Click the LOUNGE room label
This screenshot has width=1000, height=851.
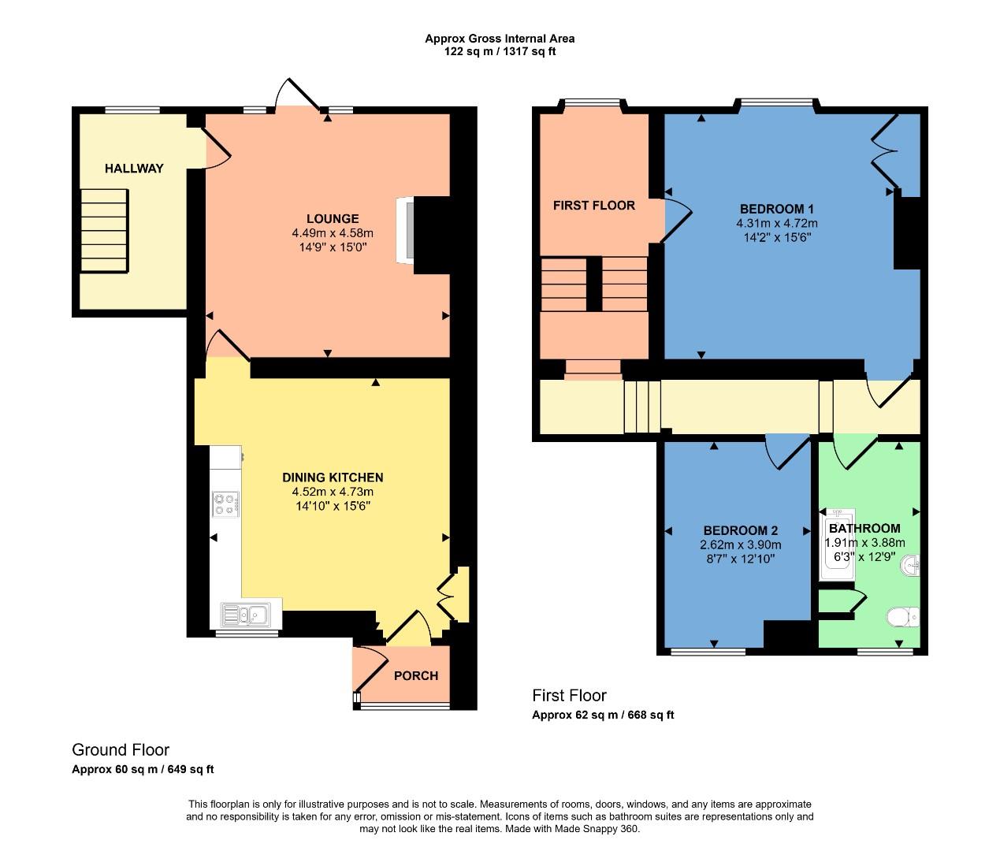[x=333, y=218]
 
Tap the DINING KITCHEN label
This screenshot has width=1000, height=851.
[x=333, y=478]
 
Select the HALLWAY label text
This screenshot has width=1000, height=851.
[x=134, y=169]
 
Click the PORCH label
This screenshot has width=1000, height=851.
[x=415, y=675]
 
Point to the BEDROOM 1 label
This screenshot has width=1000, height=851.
[x=776, y=209]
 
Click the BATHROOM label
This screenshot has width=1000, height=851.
[x=864, y=529]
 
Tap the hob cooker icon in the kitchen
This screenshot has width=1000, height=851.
[x=225, y=504]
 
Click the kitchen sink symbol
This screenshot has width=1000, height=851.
[x=246, y=614]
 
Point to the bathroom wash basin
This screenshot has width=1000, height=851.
[x=911, y=565]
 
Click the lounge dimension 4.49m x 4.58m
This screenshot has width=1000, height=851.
[x=333, y=233]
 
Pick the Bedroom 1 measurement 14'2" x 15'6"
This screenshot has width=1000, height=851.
[x=776, y=237]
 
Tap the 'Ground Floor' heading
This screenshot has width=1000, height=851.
[x=121, y=750]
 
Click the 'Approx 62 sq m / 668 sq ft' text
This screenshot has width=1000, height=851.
[x=603, y=715]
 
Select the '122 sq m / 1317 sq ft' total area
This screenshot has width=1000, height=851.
[x=500, y=52]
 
